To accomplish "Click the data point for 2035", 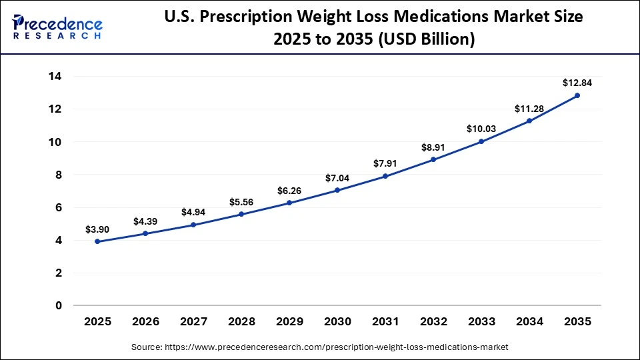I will (x=577, y=95).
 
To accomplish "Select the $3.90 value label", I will (x=97, y=229).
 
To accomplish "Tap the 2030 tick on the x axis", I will (x=337, y=322).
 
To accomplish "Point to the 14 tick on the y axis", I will (x=55, y=76).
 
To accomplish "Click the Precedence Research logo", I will (x=57, y=27).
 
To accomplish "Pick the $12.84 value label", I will (x=577, y=83).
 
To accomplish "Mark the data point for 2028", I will (x=241, y=214).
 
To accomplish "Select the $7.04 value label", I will (x=337, y=178).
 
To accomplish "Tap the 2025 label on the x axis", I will (x=97, y=322).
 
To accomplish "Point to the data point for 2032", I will (x=433, y=159).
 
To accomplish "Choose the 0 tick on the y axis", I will (x=59, y=305).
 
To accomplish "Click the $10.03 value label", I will (x=481, y=128).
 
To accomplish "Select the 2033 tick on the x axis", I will (x=481, y=322).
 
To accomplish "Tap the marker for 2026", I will (x=145, y=233).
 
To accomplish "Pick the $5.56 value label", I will (x=241, y=202).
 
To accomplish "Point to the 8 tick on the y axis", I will (x=59, y=175).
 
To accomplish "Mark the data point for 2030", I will (x=337, y=190).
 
